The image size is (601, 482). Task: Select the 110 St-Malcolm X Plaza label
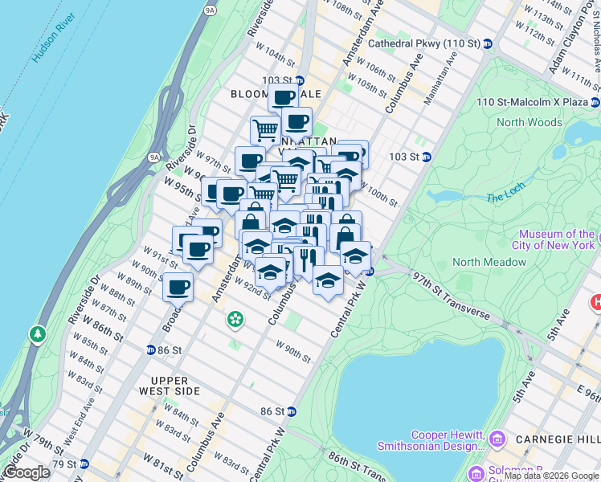(532, 102)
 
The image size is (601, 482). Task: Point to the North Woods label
(529, 122)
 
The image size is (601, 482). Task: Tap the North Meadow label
(489, 262)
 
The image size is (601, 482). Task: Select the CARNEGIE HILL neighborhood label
(562, 439)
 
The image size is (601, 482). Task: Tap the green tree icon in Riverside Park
(36, 334)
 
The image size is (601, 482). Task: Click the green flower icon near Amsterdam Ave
(235, 320)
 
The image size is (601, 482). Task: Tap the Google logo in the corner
(27, 472)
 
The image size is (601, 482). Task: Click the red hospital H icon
(596, 303)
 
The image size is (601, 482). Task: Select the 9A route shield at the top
(211, 10)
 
